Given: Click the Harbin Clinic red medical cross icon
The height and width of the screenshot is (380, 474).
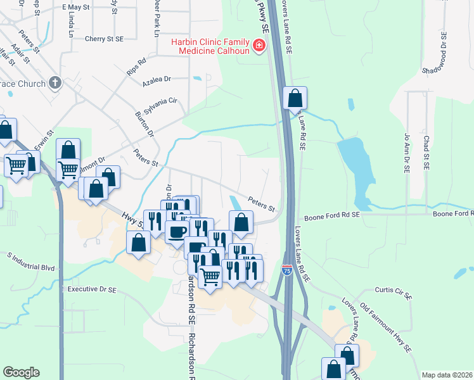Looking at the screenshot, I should [259, 46].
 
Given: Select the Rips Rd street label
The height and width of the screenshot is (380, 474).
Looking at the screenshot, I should [136, 66].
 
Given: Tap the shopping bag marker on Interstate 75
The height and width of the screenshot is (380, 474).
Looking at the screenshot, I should [295, 99].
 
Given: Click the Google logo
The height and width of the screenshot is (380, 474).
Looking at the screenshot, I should [21, 372].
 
